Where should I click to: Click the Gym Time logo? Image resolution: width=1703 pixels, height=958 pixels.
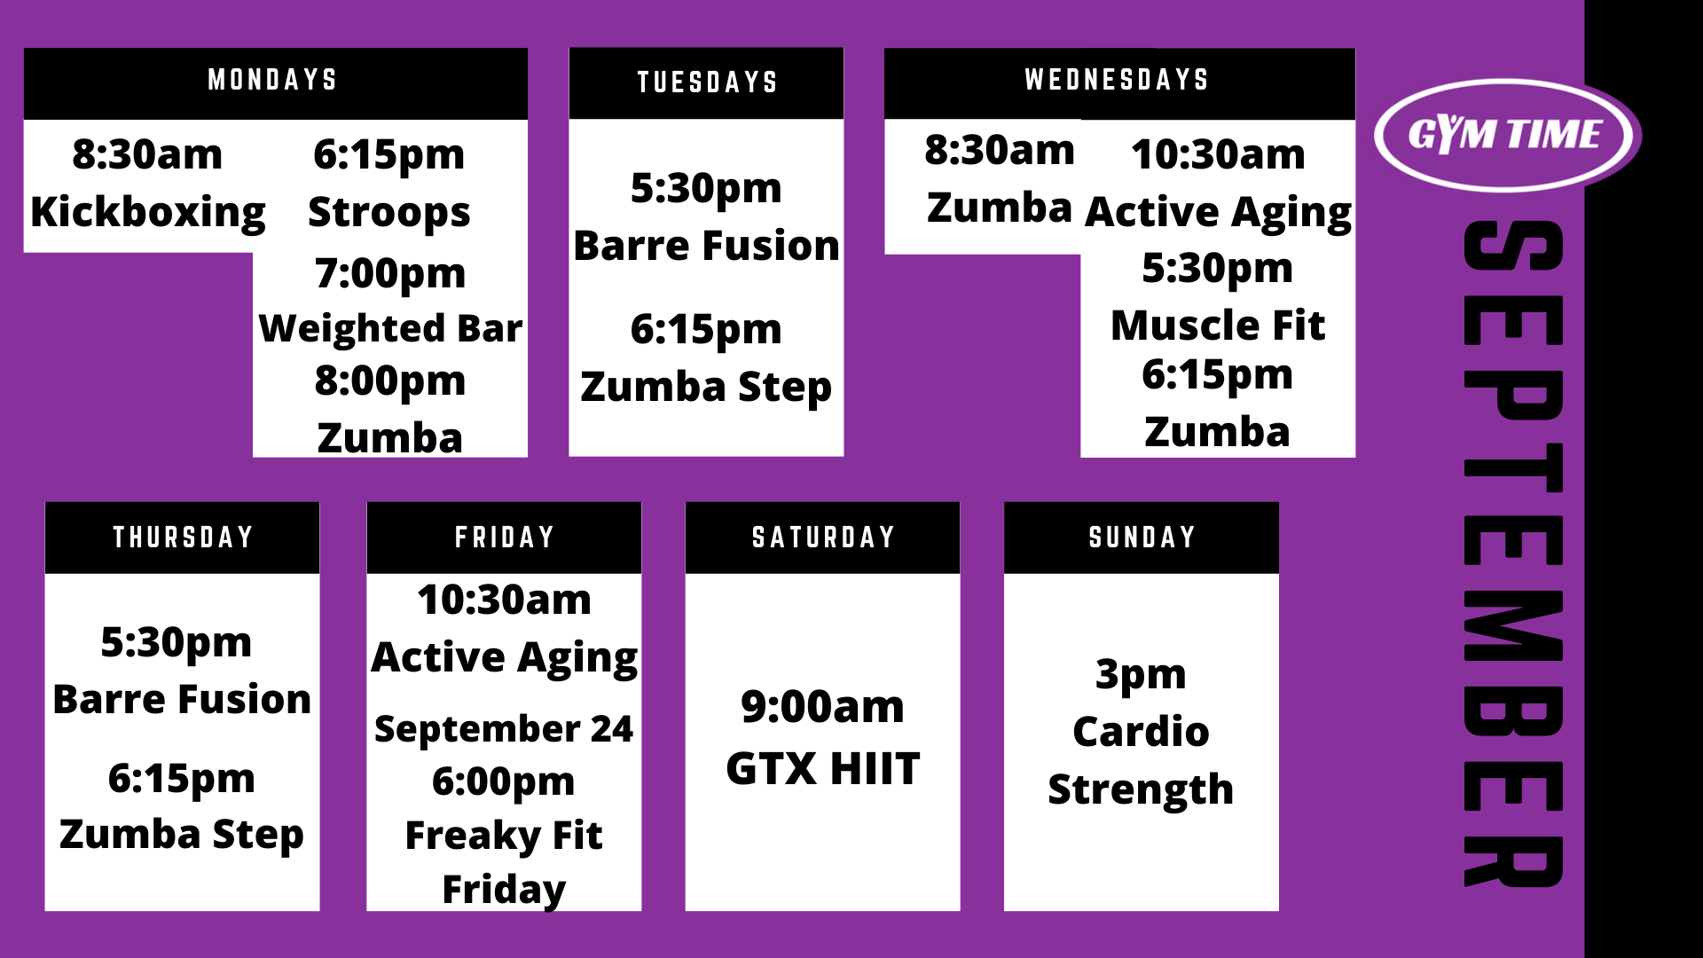(x=1507, y=135)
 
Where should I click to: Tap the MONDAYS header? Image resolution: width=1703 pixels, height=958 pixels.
(x=272, y=80)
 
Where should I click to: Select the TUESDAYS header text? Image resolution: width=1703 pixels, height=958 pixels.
(x=707, y=82)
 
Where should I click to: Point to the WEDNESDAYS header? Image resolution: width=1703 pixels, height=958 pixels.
(x=1117, y=80)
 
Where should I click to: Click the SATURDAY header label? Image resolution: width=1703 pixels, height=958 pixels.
(x=823, y=538)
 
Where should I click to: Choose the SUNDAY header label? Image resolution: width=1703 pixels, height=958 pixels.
(x=1142, y=538)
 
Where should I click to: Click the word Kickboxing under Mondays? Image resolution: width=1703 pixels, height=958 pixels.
(x=148, y=213)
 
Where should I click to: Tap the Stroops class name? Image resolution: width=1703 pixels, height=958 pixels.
(x=389, y=213)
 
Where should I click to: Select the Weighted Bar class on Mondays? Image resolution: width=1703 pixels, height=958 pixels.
(x=390, y=328)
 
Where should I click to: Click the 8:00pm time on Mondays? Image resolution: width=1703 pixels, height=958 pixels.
(x=390, y=381)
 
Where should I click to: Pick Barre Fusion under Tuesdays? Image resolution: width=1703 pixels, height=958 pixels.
(x=706, y=246)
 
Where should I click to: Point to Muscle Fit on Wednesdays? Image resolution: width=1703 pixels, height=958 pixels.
(x=1218, y=326)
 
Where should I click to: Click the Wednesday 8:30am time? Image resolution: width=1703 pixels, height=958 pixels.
(x=1000, y=151)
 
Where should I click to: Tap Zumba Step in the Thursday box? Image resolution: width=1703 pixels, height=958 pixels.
(x=182, y=835)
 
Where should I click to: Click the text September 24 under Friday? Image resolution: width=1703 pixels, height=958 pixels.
(x=504, y=729)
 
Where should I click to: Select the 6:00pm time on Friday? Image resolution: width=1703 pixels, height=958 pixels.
(x=504, y=782)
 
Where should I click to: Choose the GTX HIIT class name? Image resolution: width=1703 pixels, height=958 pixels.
(x=823, y=769)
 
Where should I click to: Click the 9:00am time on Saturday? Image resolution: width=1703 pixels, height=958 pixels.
(x=823, y=707)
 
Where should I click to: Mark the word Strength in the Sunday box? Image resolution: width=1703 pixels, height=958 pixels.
(x=1141, y=789)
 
